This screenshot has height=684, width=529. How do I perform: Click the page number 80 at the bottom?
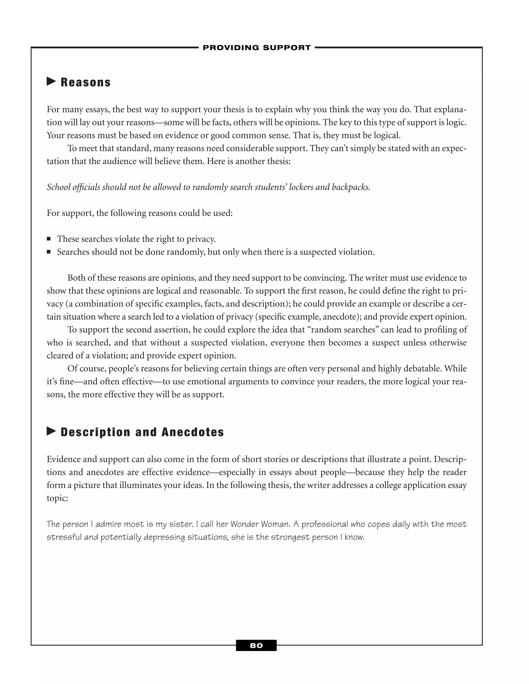click(256, 646)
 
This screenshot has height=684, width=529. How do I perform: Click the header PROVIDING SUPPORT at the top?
click(257, 47)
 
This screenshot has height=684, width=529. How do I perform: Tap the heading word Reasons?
click(85, 82)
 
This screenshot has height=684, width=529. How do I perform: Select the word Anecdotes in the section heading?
click(192, 432)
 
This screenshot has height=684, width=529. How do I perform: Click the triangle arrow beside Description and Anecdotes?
click(51, 431)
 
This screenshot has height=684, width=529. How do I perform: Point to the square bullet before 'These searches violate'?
click(49, 239)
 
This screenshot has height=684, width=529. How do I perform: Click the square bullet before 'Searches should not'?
click(49, 252)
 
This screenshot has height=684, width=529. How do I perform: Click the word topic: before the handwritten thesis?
click(57, 498)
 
